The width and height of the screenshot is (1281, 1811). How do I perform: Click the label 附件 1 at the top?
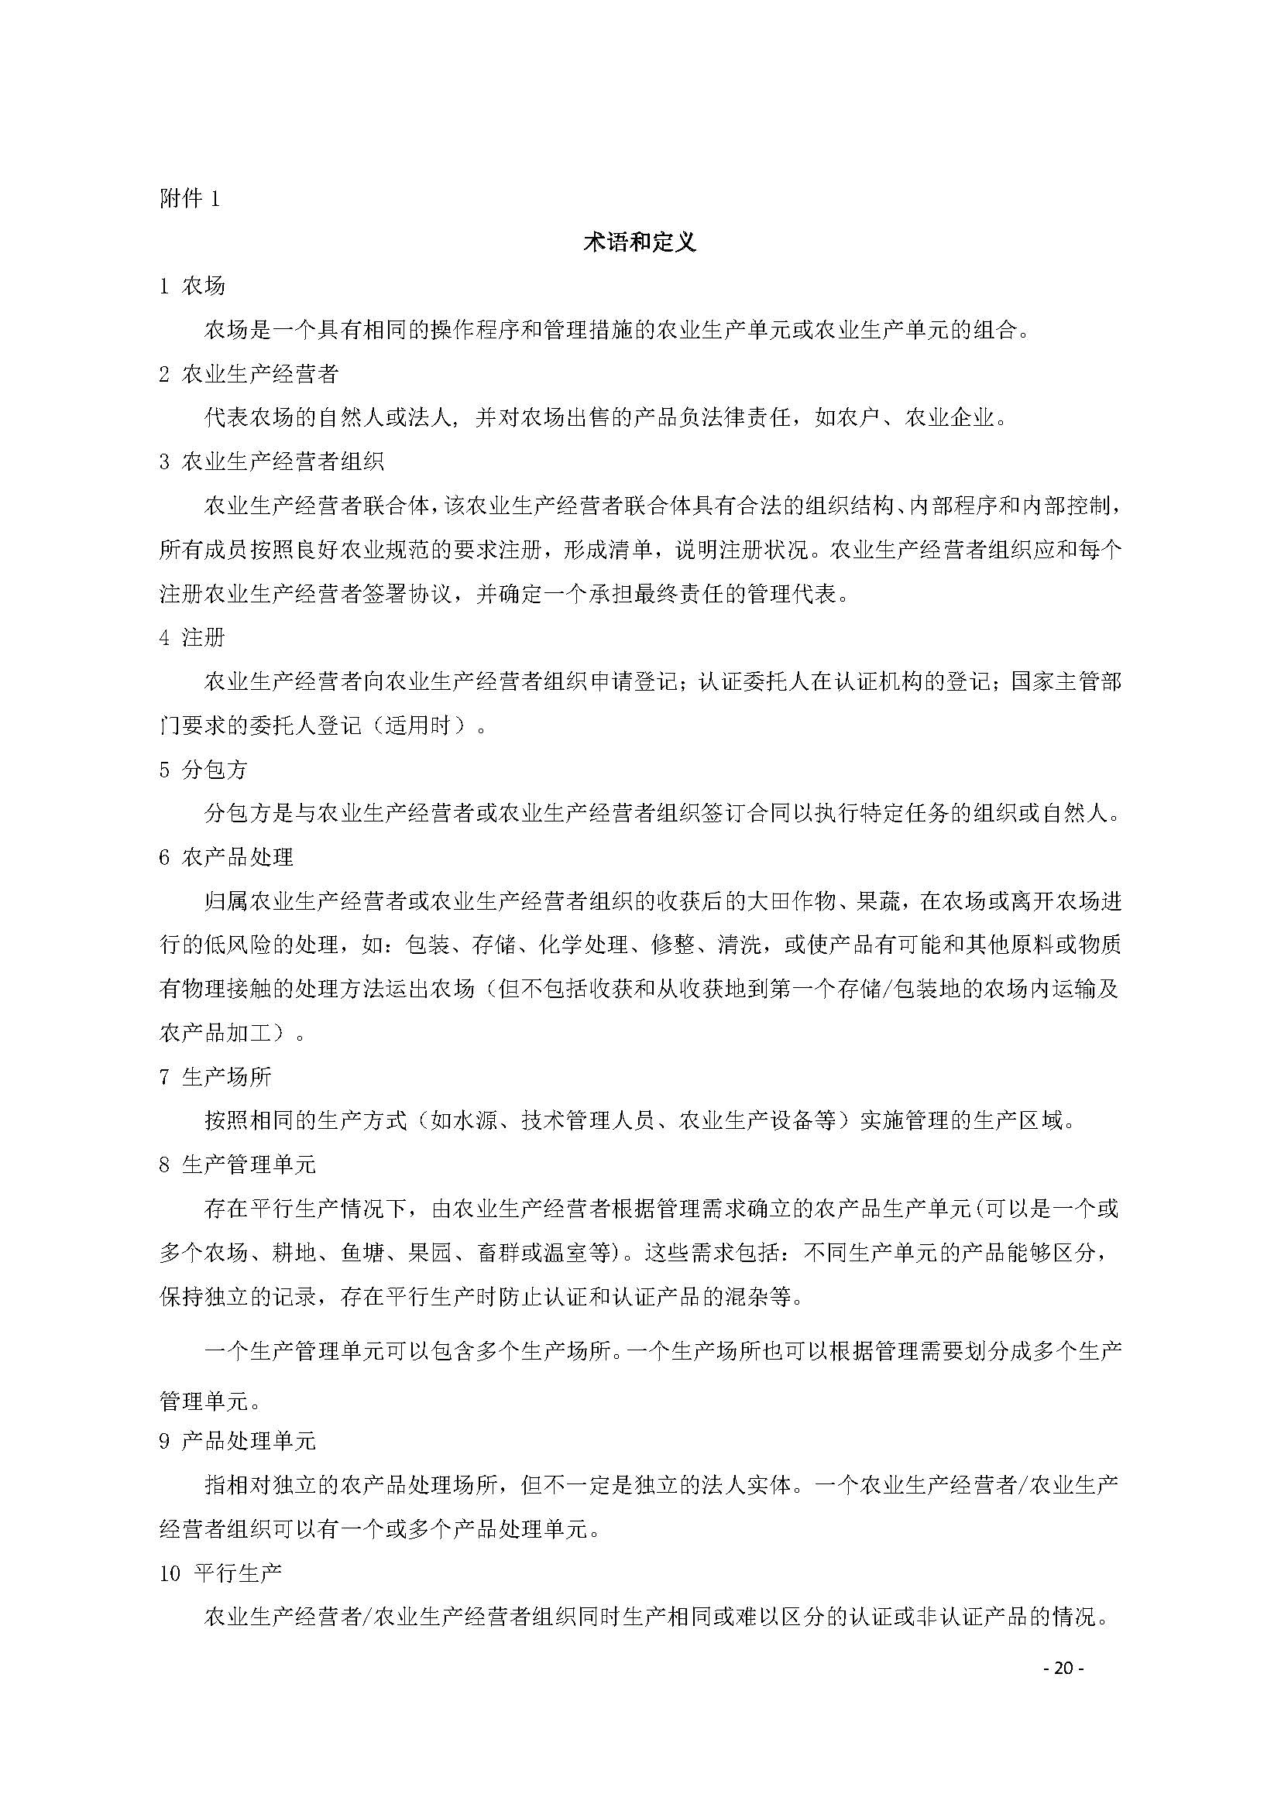[x=189, y=199]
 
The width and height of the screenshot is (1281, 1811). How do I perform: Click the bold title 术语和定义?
[x=640, y=242]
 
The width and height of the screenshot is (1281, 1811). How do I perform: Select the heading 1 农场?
[x=193, y=286]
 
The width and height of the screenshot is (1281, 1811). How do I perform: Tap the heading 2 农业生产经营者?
[x=249, y=373]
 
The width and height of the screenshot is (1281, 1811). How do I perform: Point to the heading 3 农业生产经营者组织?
[x=271, y=461]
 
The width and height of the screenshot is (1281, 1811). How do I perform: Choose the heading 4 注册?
[x=193, y=637]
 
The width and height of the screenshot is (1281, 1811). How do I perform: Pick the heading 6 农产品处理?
[x=226, y=857]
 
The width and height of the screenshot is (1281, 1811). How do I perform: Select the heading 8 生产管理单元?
[x=238, y=1164]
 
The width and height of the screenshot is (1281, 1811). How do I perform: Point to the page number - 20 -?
[x=1064, y=1669]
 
